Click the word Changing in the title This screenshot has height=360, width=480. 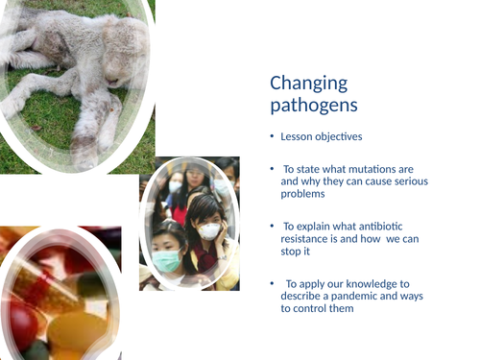coord(308,84)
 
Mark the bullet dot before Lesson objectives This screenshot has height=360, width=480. coord(272,137)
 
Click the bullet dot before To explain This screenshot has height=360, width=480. coord(272,225)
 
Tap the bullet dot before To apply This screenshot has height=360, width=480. coord(272,283)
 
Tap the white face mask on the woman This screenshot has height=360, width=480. coord(208,230)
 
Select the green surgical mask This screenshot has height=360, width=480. coord(167,260)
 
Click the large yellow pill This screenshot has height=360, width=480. coord(73,331)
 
